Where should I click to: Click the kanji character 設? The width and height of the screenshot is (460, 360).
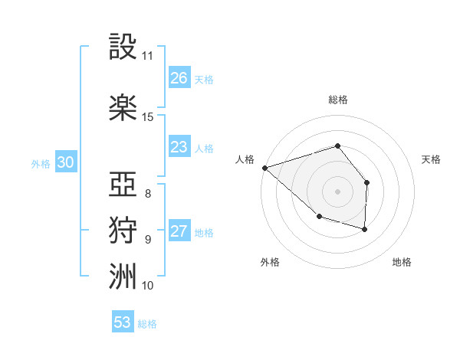coord(123,47)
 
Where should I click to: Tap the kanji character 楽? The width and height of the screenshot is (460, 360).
coord(123,107)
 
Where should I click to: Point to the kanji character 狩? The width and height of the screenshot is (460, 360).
coord(123,231)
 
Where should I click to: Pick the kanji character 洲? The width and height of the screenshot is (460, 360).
coord(123,277)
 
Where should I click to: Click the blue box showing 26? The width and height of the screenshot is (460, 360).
coord(179,78)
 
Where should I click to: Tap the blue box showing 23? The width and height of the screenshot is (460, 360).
coord(179,147)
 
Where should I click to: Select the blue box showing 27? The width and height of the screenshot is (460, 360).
coord(179,232)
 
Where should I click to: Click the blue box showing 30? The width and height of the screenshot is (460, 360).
coord(65,162)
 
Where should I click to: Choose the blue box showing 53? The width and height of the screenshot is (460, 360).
coord(123,322)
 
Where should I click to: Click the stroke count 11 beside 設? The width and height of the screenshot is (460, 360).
coord(148,56)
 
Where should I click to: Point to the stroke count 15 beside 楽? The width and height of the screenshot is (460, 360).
coord(148,117)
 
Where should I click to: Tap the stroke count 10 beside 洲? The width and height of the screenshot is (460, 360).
coord(148,286)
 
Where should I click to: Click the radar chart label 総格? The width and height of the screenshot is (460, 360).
coord(337,100)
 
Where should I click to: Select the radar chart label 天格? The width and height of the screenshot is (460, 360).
coord(432,159)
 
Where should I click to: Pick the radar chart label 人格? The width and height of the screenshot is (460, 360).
coord(245,159)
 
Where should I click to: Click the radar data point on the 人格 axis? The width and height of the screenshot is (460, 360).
coord(264,167)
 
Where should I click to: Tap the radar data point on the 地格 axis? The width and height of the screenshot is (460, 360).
coord(365,229)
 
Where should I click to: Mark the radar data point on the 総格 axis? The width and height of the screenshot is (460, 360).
coord(337,146)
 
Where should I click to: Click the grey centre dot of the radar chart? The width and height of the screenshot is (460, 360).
coord(337,191)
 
